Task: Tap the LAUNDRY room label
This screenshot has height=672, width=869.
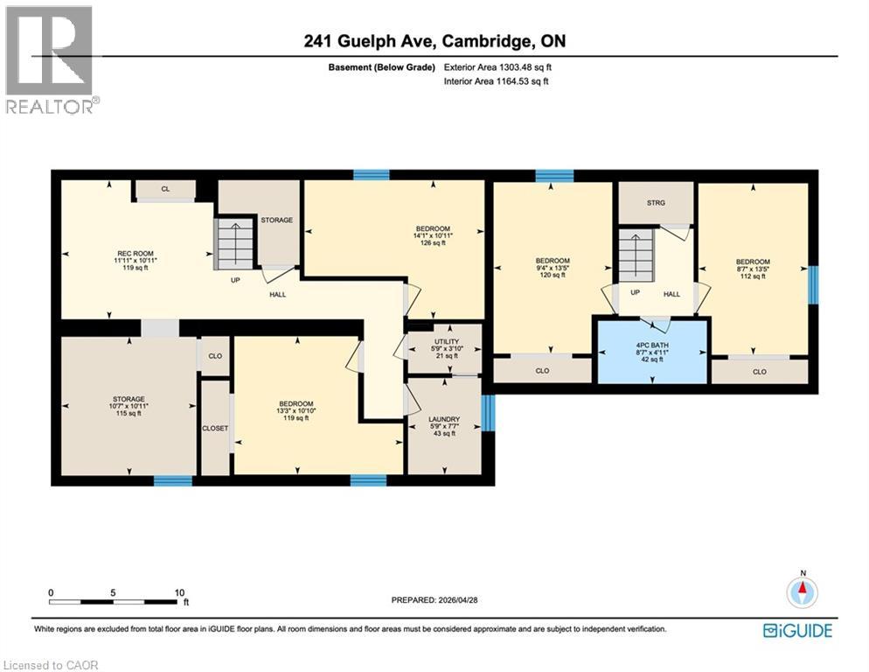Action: [445, 419]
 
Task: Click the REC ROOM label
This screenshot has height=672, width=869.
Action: [129, 253]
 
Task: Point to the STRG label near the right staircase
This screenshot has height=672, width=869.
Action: [656, 202]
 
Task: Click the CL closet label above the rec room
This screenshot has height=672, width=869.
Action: [164, 188]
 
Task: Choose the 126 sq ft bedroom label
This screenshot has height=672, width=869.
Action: [433, 229]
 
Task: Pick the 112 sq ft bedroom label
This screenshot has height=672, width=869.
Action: [752, 262]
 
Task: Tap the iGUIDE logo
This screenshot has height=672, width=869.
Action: [797, 630]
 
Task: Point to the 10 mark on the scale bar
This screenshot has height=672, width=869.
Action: [178, 592]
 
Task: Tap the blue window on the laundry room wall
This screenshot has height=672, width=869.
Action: [488, 413]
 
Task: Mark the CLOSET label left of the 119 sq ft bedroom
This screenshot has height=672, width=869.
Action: [215, 429]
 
